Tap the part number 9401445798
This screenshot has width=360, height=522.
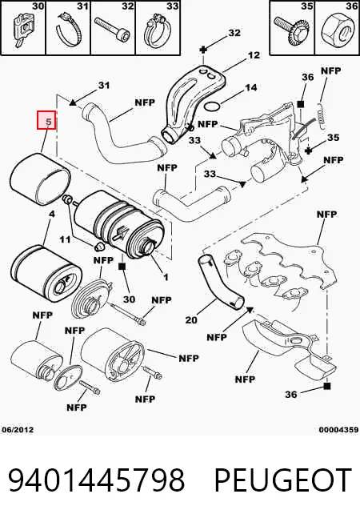(96, 480)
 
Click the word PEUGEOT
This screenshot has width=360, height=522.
(283, 480)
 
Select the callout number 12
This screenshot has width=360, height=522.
(254, 55)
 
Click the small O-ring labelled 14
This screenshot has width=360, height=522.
(211, 106)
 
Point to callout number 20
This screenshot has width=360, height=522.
(191, 320)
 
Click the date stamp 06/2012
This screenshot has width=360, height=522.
(18, 430)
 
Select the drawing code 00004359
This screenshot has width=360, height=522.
(338, 430)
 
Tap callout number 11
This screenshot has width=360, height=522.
(66, 239)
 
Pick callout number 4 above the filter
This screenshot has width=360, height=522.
(51, 214)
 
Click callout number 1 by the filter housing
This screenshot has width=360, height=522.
(166, 277)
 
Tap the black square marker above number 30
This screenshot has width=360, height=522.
(122, 267)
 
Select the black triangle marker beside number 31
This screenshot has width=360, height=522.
(72, 102)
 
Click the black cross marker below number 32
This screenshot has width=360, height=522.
(203, 50)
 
